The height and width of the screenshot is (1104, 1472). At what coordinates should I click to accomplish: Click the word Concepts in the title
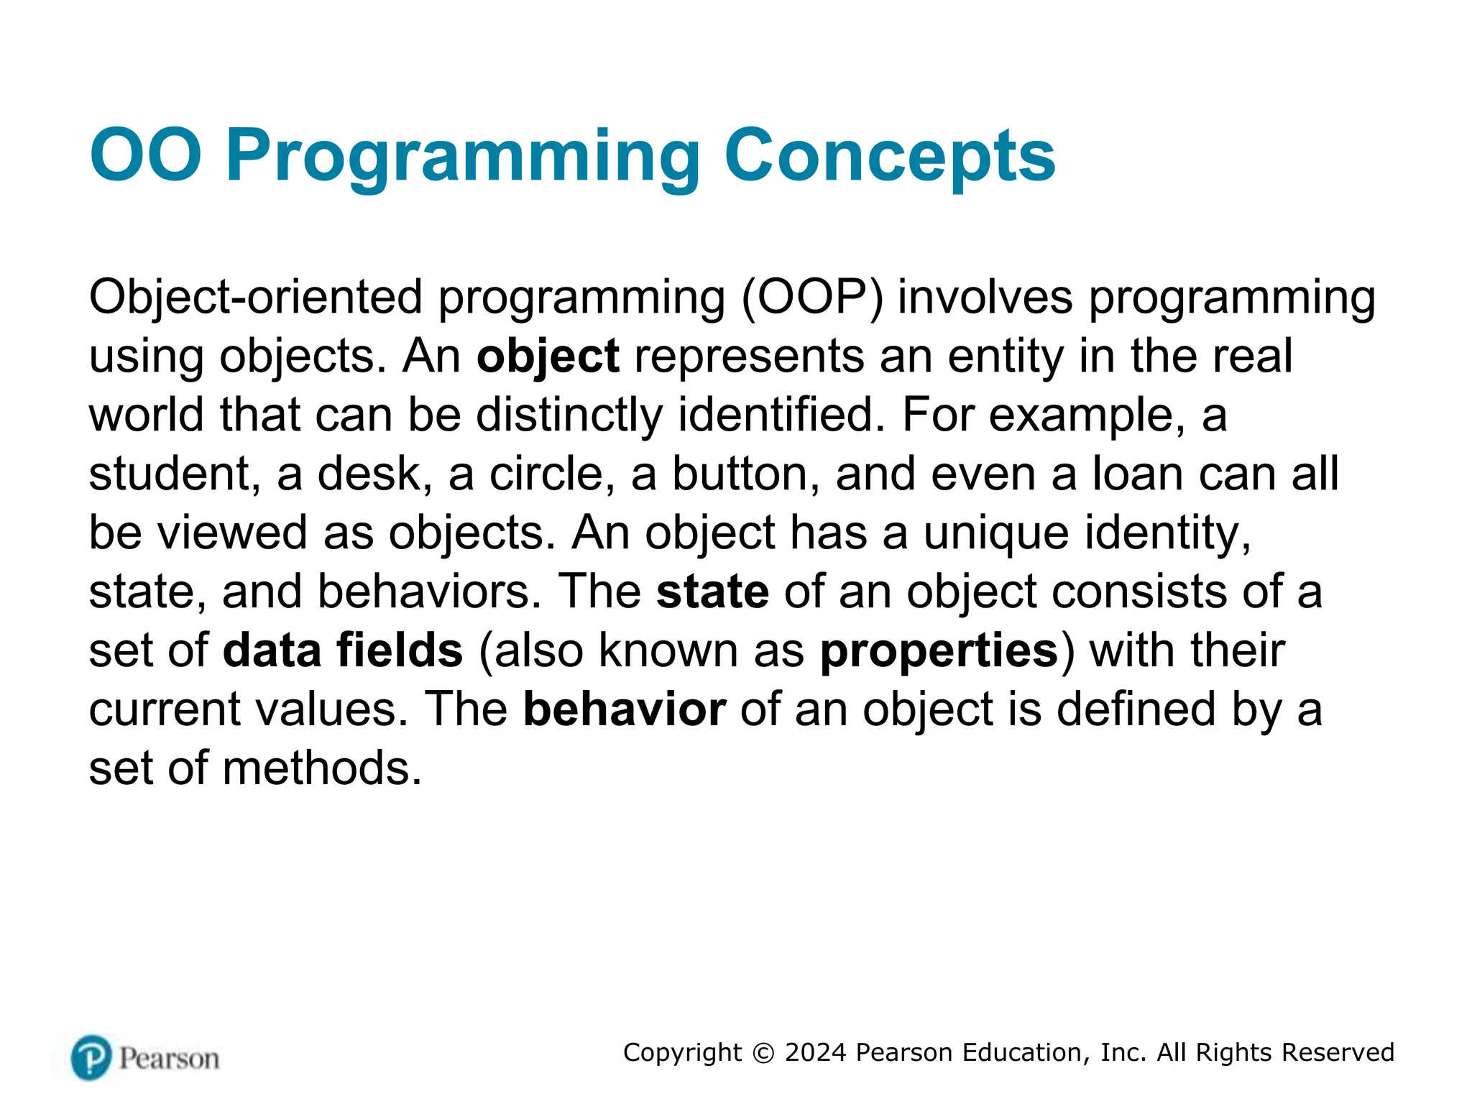click(889, 157)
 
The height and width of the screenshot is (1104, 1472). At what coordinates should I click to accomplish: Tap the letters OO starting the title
click(146, 155)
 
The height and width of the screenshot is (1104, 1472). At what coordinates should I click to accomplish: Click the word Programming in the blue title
click(463, 157)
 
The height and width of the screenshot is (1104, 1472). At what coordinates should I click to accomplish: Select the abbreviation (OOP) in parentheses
click(811, 298)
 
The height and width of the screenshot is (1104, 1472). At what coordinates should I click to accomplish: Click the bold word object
click(548, 356)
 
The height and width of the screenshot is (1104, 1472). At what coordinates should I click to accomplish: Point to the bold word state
click(712, 592)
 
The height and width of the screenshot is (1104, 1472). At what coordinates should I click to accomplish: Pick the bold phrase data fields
click(343, 650)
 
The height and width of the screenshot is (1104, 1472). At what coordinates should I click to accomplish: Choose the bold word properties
click(939, 652)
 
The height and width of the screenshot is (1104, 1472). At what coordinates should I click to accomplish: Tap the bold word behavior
click(624, 710)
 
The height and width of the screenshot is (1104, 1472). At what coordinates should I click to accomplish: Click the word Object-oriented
click(255, 298)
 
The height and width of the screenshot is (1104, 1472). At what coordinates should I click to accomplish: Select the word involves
click(985, 298)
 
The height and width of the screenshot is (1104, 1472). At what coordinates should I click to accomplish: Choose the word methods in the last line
click(322, 769)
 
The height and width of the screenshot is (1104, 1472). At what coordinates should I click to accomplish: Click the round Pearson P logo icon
click(91, 1057)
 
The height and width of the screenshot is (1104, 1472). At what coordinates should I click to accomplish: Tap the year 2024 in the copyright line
click(815, 1052)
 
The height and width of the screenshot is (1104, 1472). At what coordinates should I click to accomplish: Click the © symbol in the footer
click(763, 1053)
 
